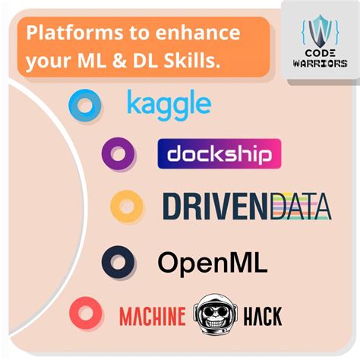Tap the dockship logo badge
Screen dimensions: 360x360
[x=219, y=153]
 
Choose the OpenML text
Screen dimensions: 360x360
[x=212, y=262]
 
